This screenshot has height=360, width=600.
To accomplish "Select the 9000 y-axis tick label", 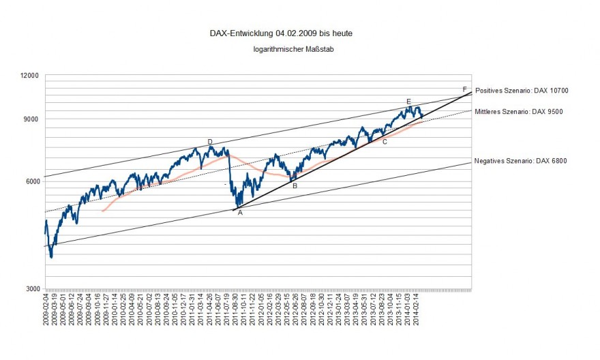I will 31,119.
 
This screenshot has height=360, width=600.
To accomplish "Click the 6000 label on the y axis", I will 31,181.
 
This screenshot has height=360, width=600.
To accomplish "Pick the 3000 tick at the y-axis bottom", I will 31,288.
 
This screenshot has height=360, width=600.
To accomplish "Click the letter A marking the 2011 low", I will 240,212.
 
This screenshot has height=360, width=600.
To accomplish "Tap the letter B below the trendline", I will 295,185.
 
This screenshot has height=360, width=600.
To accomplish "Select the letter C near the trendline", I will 385,142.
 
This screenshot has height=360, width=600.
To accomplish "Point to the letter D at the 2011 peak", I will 210,142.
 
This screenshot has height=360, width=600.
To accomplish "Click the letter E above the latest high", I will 408,102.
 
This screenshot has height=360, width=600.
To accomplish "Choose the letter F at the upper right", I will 464,89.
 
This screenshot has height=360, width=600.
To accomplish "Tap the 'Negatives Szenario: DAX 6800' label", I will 520,161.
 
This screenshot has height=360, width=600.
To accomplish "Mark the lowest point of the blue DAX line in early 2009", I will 50,256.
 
